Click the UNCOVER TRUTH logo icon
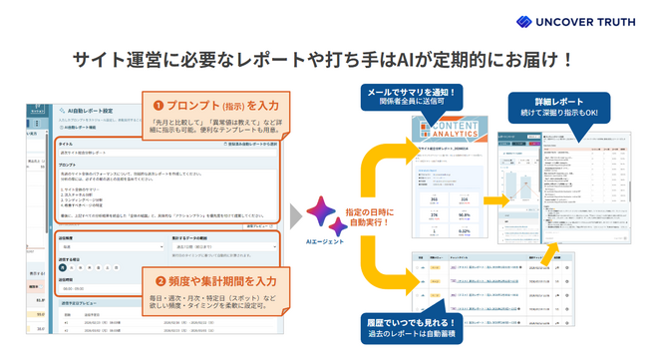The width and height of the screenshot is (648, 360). (x=524, y=21)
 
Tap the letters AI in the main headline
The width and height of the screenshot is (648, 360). (x=406, y=59)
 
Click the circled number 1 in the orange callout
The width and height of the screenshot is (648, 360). (x=160, y=105)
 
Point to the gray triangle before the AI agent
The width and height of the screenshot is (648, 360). (x=296, y=215)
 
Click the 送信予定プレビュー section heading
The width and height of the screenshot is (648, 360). (x=80, y=300)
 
